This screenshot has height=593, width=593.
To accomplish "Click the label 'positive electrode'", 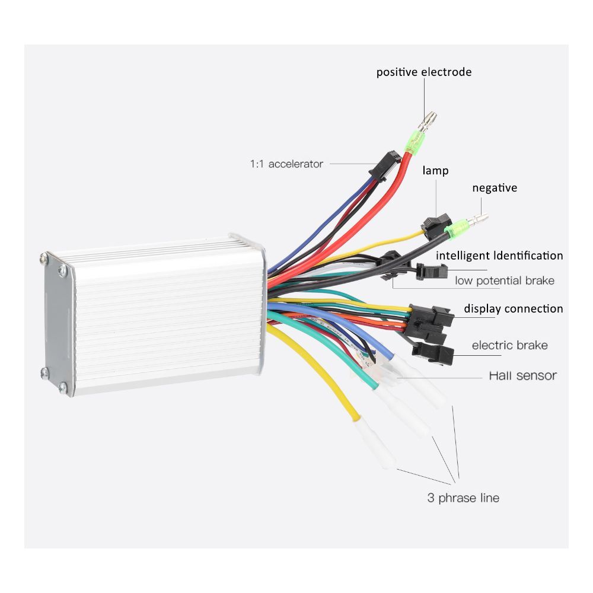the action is point(424,72).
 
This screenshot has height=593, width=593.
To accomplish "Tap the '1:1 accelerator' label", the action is point(286,164).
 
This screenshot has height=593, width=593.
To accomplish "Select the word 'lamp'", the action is point(435,171).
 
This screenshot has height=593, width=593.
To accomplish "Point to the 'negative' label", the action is point(495,188).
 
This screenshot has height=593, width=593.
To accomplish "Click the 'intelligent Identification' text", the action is point(499,256).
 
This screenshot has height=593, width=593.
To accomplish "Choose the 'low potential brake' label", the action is point(505,280).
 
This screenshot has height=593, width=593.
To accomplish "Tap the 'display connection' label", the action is point(513,308).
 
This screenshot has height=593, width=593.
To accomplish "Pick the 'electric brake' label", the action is point(509,345).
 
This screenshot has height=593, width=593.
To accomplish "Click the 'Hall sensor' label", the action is point(522,375).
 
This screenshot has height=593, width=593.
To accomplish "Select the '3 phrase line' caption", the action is point(463,498).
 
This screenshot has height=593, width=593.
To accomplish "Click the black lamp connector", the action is point(433,224).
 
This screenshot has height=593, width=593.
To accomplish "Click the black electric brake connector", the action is point(435,354).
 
